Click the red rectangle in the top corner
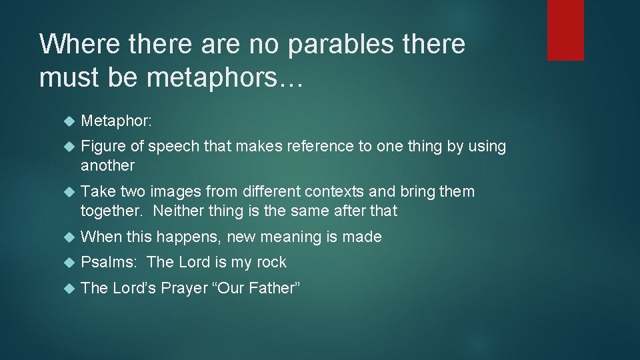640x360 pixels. tap(565, 30)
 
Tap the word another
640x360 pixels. tap(107, 165)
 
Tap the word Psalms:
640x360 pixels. tap(108, 263)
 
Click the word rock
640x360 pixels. tap(271, 263)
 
